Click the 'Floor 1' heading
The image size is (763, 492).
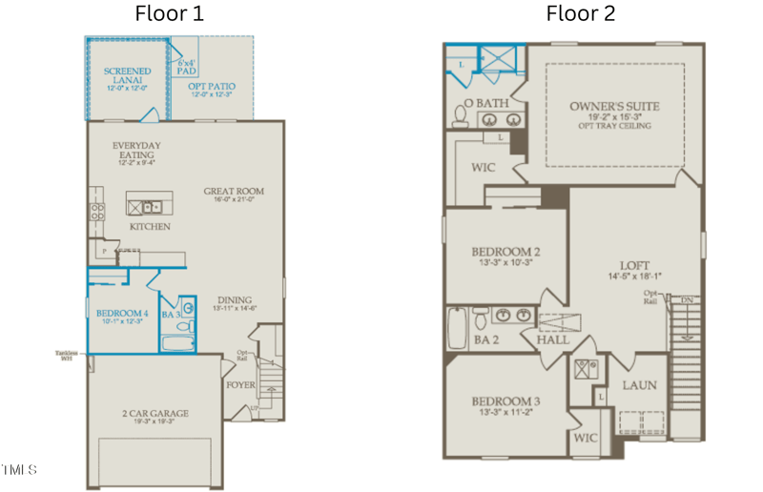coord(169,13)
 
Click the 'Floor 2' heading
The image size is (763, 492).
coord(580,13)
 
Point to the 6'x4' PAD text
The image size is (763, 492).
coord(187,66)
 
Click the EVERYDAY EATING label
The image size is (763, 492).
coord(137,151)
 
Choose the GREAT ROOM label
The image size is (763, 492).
coord(234,192)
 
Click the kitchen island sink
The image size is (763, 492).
coord(150,205)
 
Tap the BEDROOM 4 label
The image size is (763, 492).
coord(121,314)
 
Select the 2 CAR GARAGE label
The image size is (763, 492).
coord(155,414)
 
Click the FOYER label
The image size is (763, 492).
coord(239,385)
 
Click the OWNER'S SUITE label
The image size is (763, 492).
coord(614,106)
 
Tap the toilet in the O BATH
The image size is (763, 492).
coord(460,116)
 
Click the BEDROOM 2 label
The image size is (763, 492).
coord(505,252)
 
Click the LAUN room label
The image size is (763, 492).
coord(638,385)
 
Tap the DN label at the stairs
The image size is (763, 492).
coord(686,300)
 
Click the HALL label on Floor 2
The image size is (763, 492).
coord(552,339)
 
